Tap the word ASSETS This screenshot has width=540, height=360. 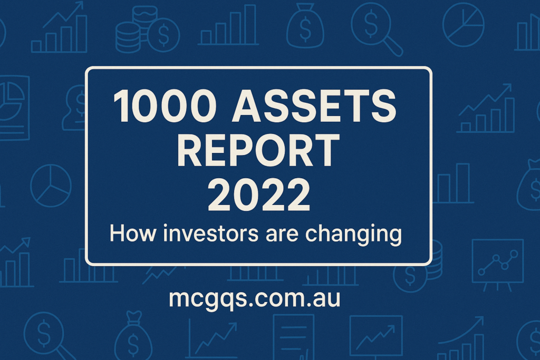coord(314,105)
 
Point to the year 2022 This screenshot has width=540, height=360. coord(259,194)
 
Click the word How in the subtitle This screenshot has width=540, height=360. coord(132,233)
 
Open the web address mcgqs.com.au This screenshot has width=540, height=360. coord(255,299)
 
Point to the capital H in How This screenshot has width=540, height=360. coord(117,233)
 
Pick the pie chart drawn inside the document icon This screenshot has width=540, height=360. coord(11,102)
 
